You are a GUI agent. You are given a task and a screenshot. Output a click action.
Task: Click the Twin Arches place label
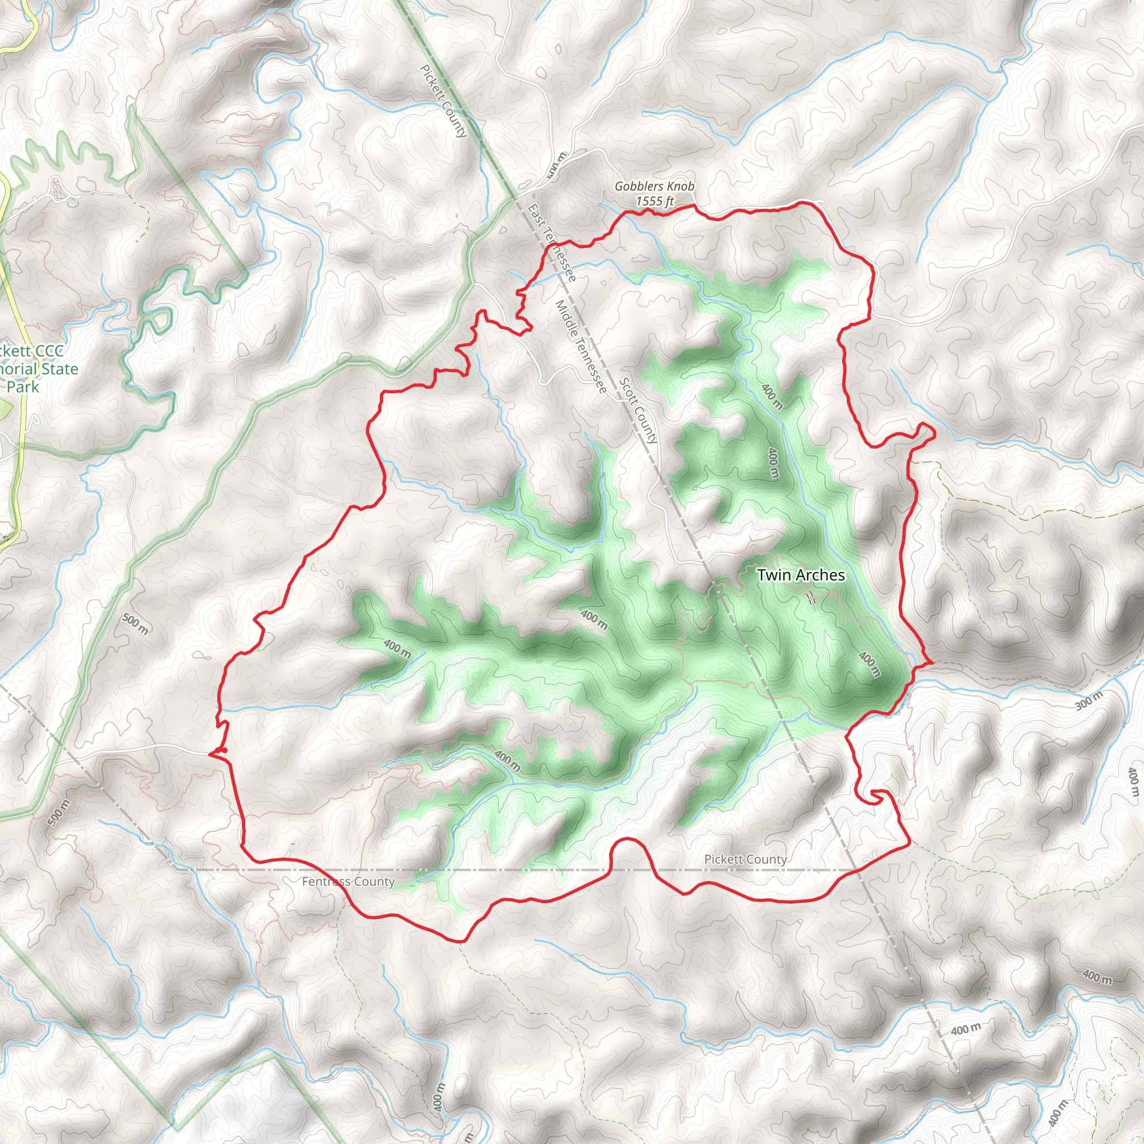coord(800,575)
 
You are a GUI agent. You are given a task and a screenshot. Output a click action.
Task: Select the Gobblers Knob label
coord(654,187)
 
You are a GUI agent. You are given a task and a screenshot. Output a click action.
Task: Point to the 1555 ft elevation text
coord(654,201)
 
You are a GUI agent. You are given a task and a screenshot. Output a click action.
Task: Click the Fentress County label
coord(348,881)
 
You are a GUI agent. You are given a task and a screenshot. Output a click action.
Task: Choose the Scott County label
coord(638,411)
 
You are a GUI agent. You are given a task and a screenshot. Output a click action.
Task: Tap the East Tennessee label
coord(551,243)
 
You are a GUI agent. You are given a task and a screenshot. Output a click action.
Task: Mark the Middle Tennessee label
coord(581,346)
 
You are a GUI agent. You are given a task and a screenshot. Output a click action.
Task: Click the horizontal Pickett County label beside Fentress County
coord(746,859)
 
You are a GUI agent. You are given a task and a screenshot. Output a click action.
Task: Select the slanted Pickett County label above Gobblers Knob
coord(444,101)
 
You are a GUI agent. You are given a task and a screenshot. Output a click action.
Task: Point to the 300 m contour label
coord(1089,700)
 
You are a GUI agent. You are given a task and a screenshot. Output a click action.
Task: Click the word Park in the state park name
coord(23,387)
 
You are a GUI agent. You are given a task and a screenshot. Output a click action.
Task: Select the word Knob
coord(680,187)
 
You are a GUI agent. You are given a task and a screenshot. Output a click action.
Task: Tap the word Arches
coord(820,575)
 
